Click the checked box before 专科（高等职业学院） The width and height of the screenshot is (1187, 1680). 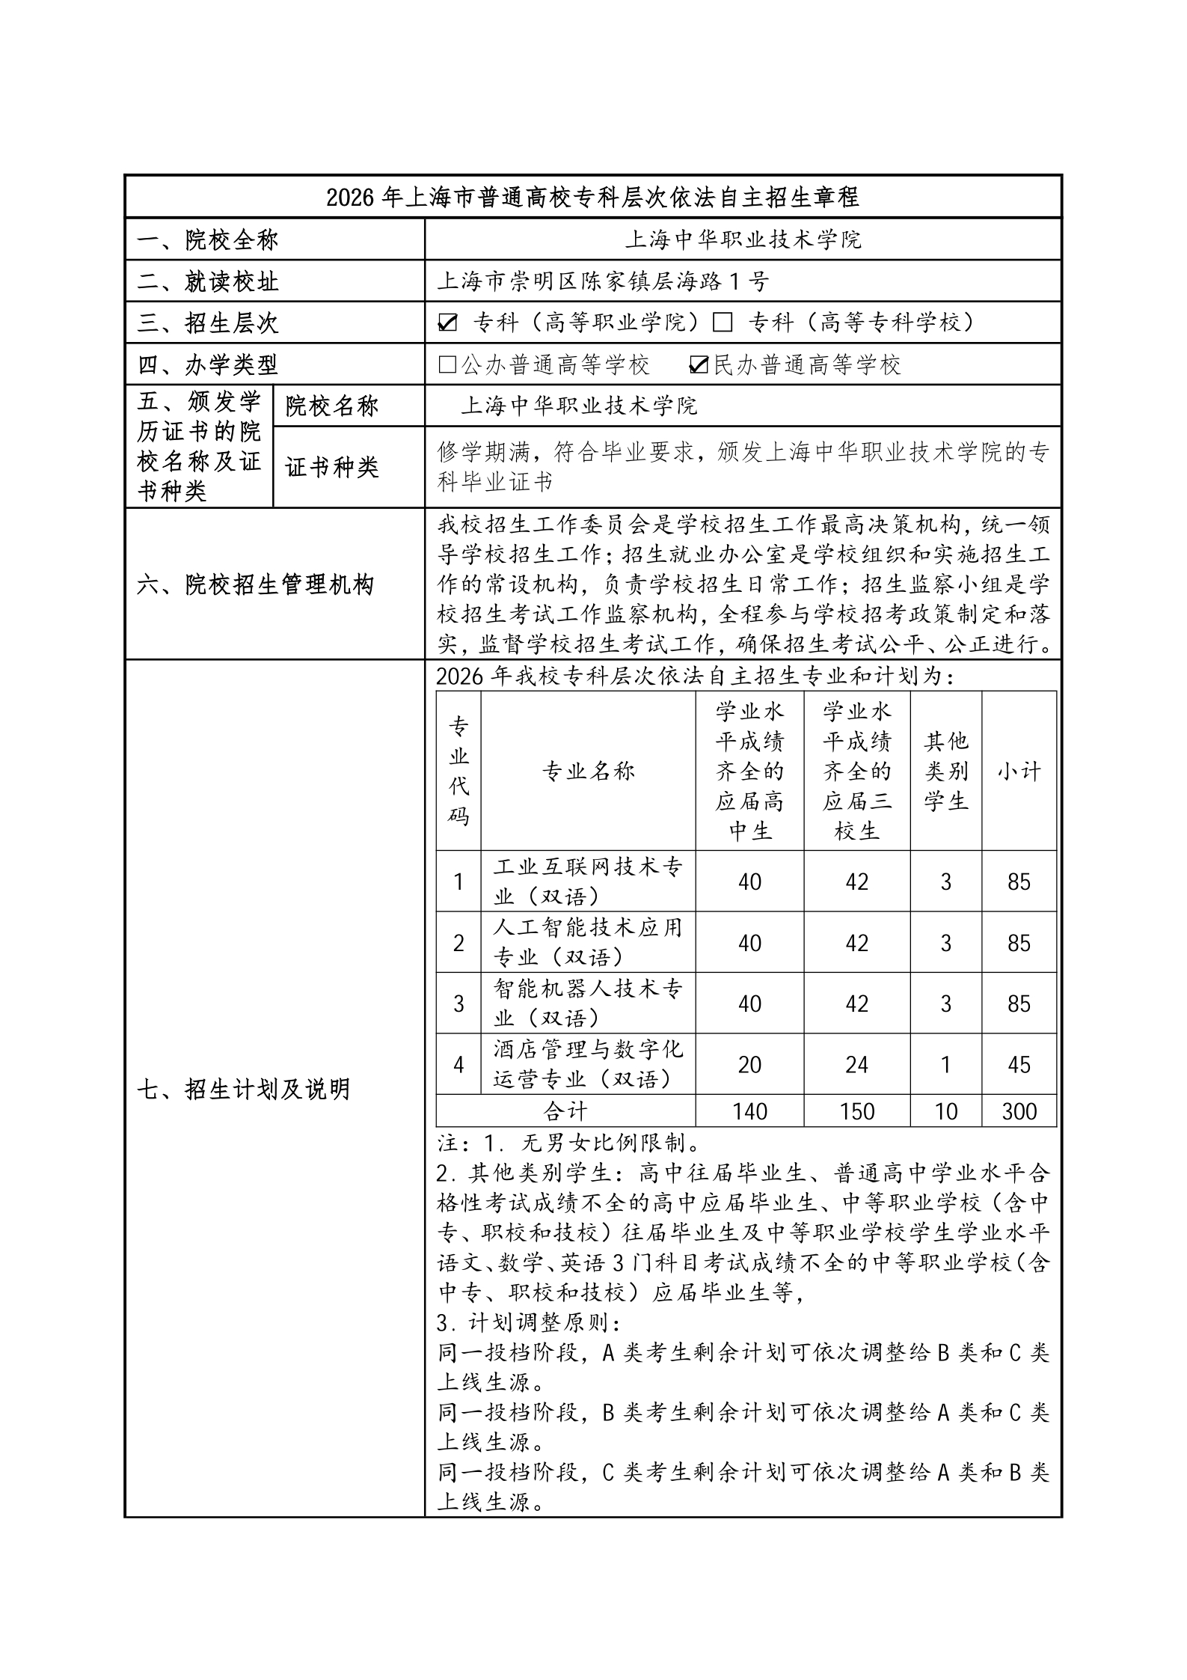click(x=447, y=323)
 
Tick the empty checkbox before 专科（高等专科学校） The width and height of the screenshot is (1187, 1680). click(x=722, y=323)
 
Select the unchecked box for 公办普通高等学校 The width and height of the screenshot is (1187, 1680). click(x=447, y=364)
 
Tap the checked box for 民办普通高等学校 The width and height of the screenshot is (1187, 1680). click(x=698, y=364)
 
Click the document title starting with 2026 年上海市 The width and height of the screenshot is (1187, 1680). click(x=592, y=197)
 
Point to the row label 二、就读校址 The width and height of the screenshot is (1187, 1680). click(x=208, y=281)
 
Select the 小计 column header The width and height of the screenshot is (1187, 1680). click(x=1019, y=771)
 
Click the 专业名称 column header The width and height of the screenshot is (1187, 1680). click(x=588, y=771)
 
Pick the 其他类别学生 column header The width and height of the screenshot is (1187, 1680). click(x=945, y=771)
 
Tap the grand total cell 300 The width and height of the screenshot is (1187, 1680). click(x=1019, y=1111)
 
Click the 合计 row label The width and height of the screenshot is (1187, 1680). click(x=565, y=1111)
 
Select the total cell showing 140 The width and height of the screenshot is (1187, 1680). click(x=749, y=1111)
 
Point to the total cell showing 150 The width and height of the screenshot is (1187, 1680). click(x=856, y=1111)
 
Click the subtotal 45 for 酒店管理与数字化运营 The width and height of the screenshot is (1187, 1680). click(x=1019, y=1064)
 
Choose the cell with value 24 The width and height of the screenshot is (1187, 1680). click(x=856, y=1064)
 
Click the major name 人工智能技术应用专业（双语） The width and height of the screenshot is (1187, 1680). click(x=588, y=942)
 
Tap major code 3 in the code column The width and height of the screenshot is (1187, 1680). click(x=458, y=1004)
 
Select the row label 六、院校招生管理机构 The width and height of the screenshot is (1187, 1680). click(x=254, y=584)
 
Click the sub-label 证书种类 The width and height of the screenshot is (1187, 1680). click(x=332, y=467)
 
